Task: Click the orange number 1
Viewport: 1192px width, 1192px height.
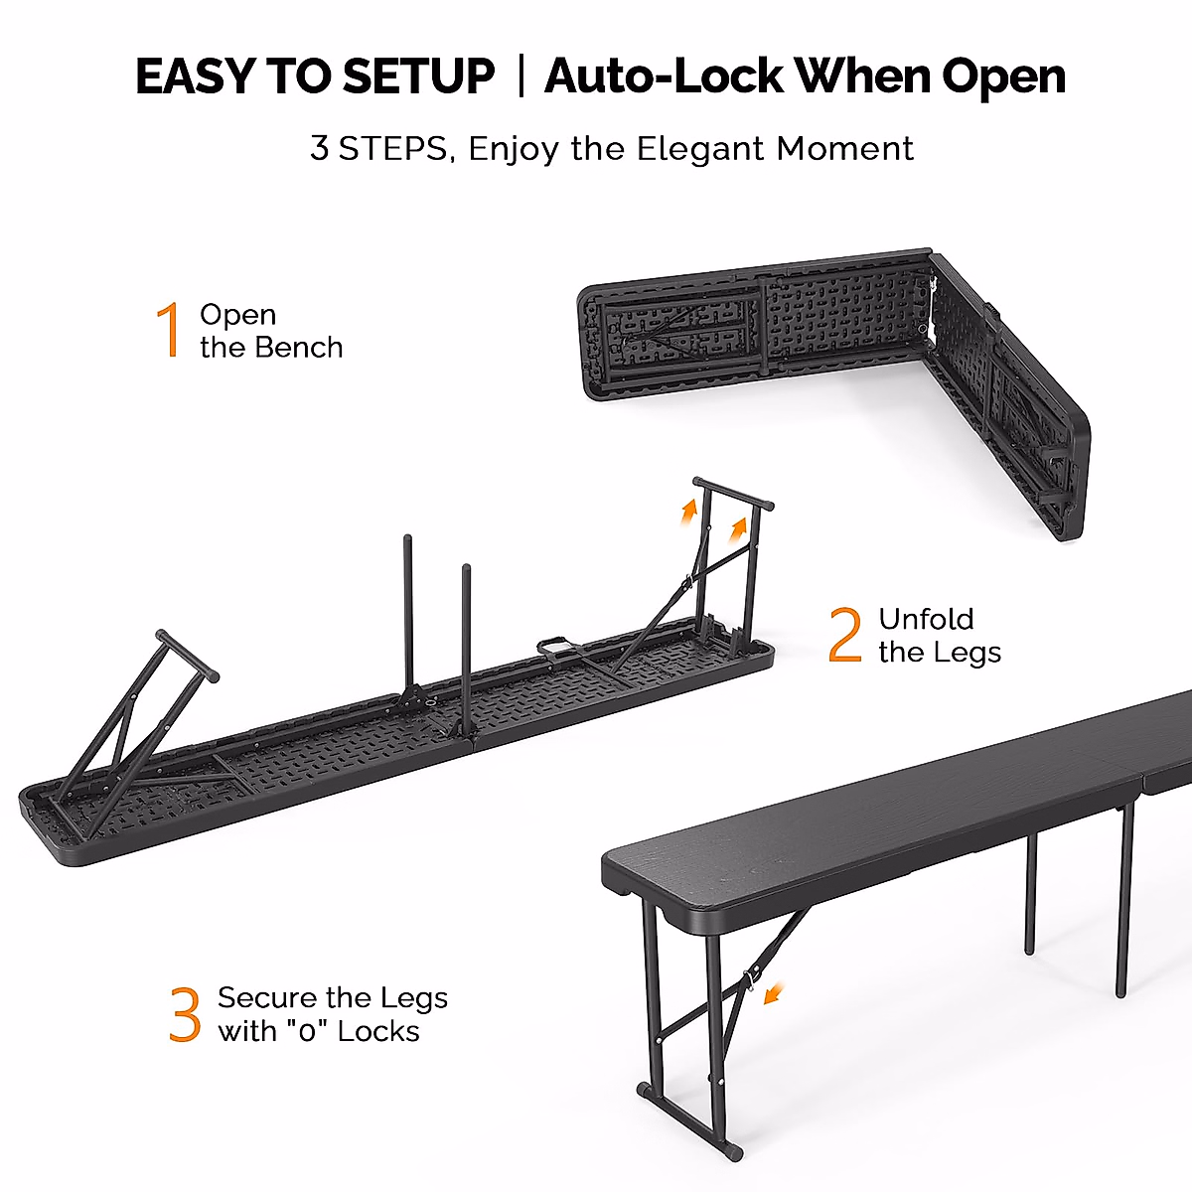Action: tap(170, 330)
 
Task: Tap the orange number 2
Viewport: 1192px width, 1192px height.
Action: tap(845, 635)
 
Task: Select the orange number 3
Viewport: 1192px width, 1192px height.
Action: tap(185, 1014)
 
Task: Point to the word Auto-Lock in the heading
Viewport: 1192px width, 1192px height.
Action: tap(664, 76)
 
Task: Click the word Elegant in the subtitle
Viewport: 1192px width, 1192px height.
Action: tap(701, 149)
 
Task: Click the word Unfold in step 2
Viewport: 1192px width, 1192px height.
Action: tap(926, 619)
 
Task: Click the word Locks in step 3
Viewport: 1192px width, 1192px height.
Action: tap(378, 1031)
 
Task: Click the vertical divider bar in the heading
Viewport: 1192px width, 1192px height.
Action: tap(521, 75)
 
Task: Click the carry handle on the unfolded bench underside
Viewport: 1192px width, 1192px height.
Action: tap(557, 646)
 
